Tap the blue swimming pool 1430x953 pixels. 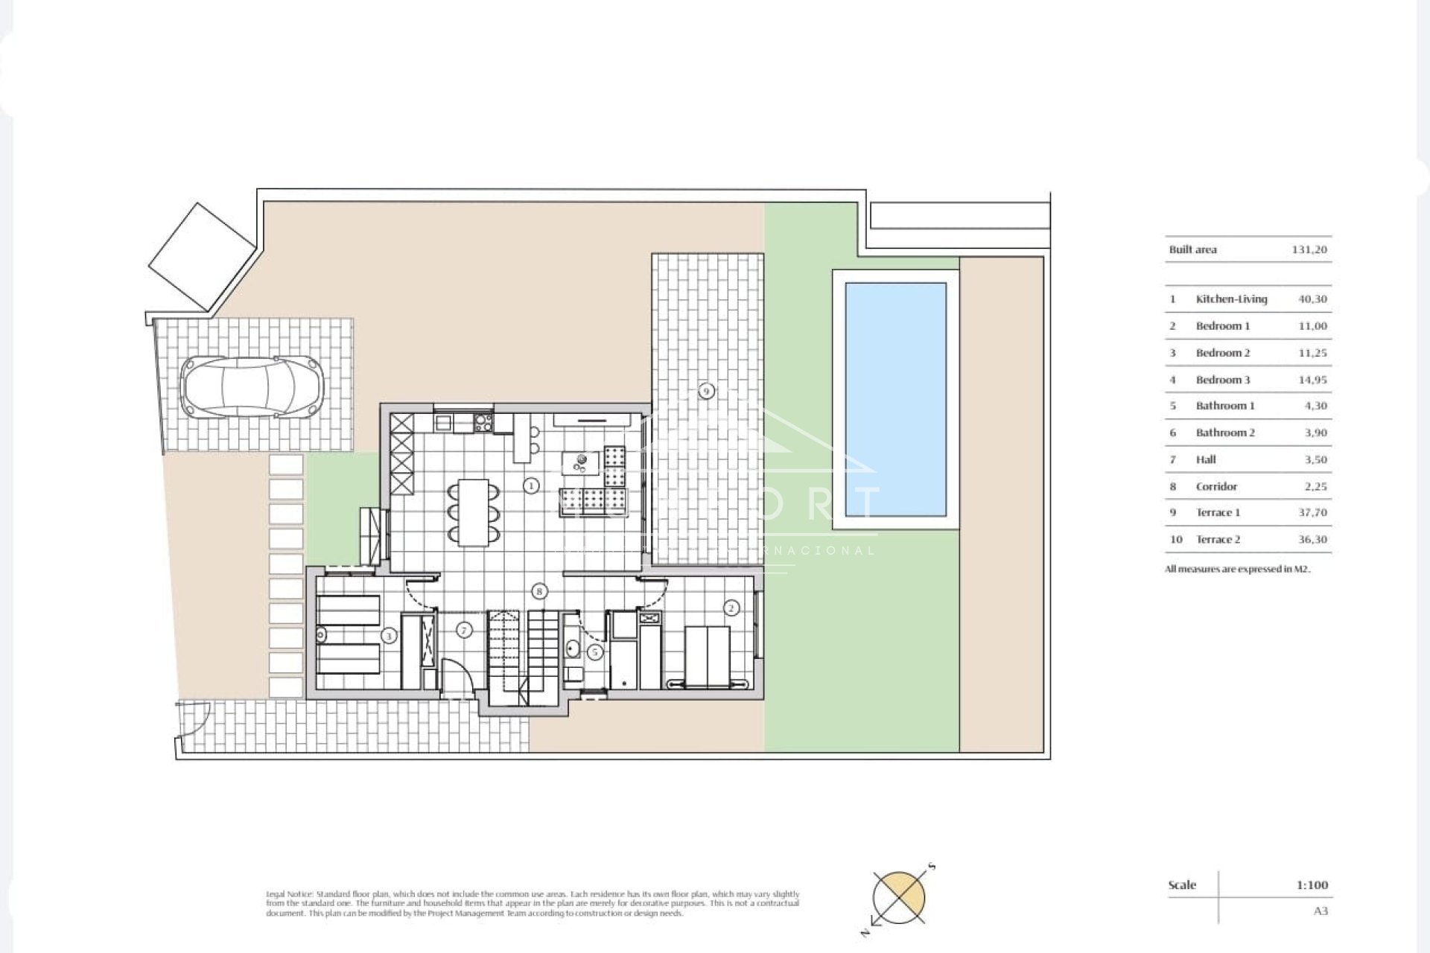tap(895, 399)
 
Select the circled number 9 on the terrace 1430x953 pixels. tap(706, 390)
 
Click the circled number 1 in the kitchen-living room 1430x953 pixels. tap(531, 486)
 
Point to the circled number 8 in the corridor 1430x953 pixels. tap(539, 592)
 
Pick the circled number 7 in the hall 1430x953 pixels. tap(464, 631)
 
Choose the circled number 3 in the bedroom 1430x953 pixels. tap(388, 636)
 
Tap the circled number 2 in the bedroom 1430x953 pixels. tap(731, 608)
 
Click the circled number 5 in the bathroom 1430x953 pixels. tap(594, 652)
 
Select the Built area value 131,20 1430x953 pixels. tap(1309, 250)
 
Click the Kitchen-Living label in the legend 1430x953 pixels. tap(1231, 299)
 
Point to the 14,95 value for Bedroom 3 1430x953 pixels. tap(1312, 380)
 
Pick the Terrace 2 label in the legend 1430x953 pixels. tap(1218, 540)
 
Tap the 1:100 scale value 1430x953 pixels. tap(1312, 885)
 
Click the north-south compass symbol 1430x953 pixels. tap(899, 897)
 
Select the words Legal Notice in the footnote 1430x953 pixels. tap(289, 893)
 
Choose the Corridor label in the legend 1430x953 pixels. tap(1216, 487)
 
